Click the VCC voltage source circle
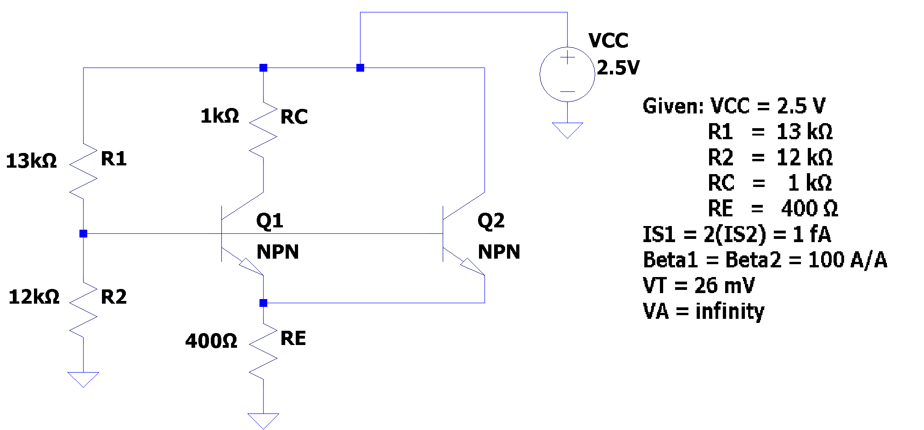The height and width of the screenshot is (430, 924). pos(568,74)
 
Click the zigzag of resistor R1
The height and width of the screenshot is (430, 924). pos(83,171)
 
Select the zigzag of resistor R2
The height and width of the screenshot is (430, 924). pos(83,309)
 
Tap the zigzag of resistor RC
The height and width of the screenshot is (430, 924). pos(263,130)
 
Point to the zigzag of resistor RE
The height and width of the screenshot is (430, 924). pos(263,351)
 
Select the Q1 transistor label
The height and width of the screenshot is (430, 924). pos(270,221)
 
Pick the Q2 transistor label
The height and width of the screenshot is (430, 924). pos(491,221)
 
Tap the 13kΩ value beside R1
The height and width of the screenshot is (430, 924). pos(31,161)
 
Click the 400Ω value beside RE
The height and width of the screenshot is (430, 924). pos(211,341)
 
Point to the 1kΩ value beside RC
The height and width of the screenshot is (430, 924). pos(220,116)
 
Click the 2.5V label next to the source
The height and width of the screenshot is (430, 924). pos(618,68)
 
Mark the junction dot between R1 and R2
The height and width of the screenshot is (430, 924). pos(83,234)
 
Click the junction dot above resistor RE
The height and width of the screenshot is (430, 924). pos(263,303)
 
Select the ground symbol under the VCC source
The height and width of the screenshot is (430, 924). pos(568,129)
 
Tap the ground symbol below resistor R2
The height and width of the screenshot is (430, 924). pos(83,379)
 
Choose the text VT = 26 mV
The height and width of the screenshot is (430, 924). pos(699,286)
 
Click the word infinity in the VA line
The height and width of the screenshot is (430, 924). pos(730,311)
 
